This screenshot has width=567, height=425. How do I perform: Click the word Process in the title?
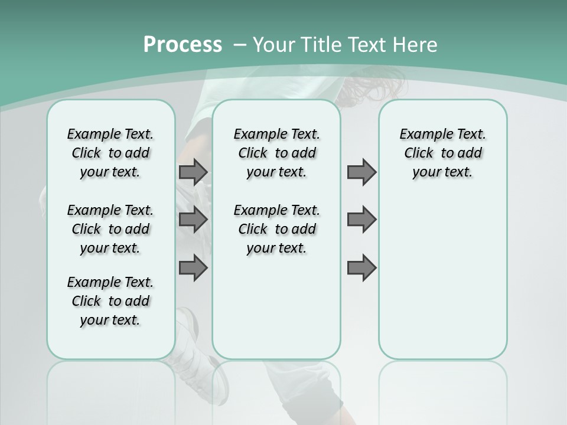coord(183,45)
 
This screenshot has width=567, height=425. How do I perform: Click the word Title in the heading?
coord(320,45)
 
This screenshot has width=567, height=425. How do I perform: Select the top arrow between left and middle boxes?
coord(193,172)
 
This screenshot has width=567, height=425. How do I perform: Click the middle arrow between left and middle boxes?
coord(193,220)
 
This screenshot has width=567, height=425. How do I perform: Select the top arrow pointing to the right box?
coord(361,172)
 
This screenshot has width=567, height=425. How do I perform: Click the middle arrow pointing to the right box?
coord(361,220)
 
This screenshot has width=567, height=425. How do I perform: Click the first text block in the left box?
coord(110,153)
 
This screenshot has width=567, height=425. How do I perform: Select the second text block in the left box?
coord(110,229)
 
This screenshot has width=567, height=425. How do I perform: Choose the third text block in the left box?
coord(110,301)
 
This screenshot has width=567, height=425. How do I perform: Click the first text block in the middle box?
coord(276,153)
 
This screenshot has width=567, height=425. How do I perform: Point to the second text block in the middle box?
coord(276,229)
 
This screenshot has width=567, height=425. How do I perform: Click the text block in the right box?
coord(442,153)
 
